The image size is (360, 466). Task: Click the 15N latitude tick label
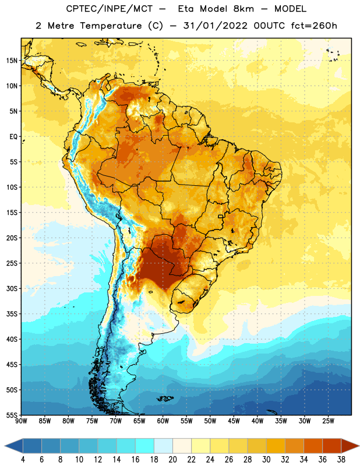pos(12,61)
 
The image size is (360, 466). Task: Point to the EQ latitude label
pos(13,137)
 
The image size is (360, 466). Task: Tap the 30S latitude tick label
pos(12,288)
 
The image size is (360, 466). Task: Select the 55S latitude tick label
pos(12,415)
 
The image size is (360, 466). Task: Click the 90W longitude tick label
pos(21,421)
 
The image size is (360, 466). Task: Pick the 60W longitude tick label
pos(163,421)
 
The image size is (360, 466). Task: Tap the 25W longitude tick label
pos(328,421)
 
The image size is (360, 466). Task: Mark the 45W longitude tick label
pos(234,421)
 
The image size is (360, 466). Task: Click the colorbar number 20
pos(172,460)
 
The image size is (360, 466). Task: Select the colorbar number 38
pos(341,460)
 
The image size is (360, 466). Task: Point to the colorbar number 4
pos(23,460)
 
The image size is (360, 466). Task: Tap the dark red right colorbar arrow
pos(350,446)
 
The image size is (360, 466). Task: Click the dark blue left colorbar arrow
pos(14,446)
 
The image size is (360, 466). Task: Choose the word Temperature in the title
pos(111,26)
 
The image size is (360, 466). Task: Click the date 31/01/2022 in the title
pos(215,26)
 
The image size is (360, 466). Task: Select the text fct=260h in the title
pos(314,26)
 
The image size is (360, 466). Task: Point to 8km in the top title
pos(243,9)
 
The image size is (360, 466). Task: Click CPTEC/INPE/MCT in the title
pos(109,9)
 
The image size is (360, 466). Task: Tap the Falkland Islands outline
pos(165,398)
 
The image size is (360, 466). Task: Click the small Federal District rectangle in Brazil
pos(221,217)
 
